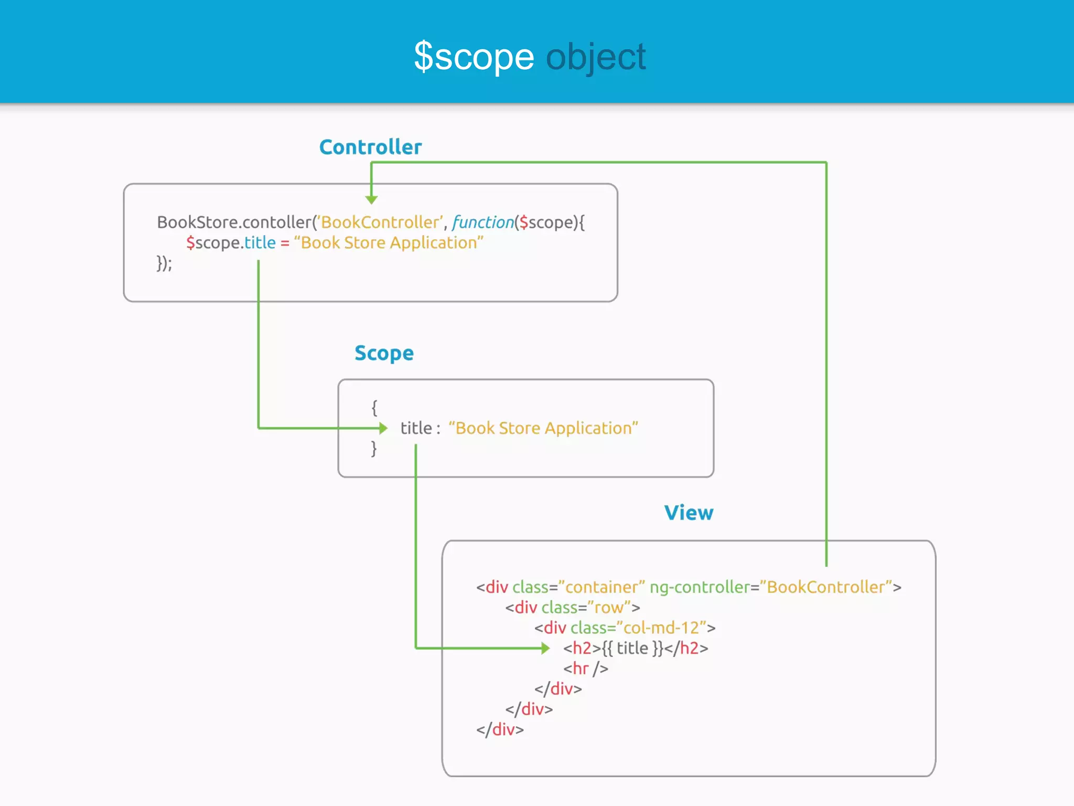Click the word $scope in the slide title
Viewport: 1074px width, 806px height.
coord(474,57)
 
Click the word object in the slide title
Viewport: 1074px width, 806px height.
coord(596,57)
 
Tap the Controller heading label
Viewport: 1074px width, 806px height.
coord(370,147)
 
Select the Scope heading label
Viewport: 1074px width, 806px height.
coord(384,353)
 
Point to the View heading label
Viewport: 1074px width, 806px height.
coord(689,513)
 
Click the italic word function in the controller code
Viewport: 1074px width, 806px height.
coord(483,222)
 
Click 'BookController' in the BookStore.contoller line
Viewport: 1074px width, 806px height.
coord(380,222)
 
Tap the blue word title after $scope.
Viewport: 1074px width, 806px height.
coord(260,242)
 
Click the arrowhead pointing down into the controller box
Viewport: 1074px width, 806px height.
coord(371,199)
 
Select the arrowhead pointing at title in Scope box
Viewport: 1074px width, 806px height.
coord(383,428)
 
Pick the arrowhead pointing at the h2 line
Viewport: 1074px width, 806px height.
coord(545,648)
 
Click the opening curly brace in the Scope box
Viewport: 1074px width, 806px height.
coord(374,407)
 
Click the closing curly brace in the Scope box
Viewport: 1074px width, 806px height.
coord(374,449)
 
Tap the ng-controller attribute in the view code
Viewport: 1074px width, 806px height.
coord(700,587)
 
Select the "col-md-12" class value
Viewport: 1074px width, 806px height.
coord(661,628)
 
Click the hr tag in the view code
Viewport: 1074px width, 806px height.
coord(585,669)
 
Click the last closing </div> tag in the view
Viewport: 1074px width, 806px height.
coord(500,729)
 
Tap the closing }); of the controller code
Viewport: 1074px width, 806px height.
coord(164,263)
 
